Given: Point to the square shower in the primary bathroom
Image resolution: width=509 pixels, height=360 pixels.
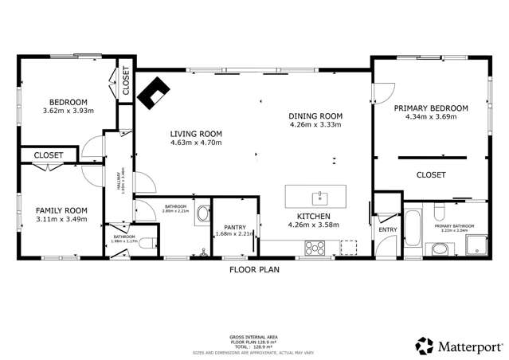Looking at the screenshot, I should tap(476, 247).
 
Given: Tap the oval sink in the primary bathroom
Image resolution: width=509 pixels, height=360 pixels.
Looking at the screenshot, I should tap(439, 250).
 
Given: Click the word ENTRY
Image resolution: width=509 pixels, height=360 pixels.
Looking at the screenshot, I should tap(387, 230).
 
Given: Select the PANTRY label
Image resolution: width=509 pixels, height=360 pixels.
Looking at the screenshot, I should tap(234, 226).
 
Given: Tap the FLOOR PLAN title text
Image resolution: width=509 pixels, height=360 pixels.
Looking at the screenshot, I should tap(254, 269).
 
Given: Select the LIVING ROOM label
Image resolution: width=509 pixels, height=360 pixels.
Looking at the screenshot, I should tap(195, 133).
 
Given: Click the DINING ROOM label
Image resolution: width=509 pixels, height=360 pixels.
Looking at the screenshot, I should tap(315, 115).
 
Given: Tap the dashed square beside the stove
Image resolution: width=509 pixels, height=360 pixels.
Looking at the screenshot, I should tap(349, 248).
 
